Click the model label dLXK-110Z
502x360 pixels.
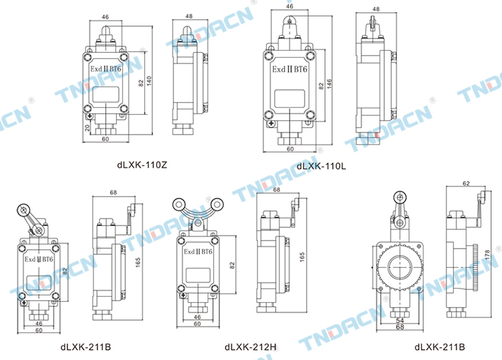(142, 165)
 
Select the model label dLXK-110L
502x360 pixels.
(321, 166)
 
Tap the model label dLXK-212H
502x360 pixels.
(250, 347)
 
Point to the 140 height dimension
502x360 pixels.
(149, 81)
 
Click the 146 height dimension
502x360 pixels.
(329, 84)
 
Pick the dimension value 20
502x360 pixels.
(87, 128)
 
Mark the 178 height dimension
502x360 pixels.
(487, 256)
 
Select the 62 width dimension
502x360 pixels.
(466, 183)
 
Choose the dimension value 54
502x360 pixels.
(400, 320)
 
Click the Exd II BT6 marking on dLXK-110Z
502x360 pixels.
(106, 69)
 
